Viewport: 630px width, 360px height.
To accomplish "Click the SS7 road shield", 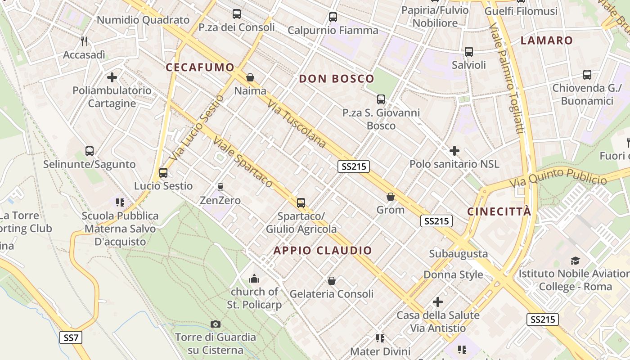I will tap(71, 337).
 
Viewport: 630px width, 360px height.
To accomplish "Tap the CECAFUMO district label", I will tap(200, 67).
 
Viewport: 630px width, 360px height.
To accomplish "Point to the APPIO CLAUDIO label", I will tap(323, 251).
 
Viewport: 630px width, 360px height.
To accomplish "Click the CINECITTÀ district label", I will tap(499, 211).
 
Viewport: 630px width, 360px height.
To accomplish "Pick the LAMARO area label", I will tap(546, 40).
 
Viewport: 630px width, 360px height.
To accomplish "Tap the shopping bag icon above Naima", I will tap(250, 78).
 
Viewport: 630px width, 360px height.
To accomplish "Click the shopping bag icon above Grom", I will tap(390, 197).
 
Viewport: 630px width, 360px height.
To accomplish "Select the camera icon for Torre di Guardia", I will tap(216, 324).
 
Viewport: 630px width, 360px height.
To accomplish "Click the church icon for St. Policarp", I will tap(254, 279).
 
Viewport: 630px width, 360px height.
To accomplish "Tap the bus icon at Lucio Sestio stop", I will tap(163, 173).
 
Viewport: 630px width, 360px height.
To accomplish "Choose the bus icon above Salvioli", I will tap(469, 52).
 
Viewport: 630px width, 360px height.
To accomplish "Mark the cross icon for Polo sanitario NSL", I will tap(454, 151).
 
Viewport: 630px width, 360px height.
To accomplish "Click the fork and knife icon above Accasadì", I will tap(84, 41).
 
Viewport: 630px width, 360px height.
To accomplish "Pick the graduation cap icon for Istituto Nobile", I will tap(575, 261).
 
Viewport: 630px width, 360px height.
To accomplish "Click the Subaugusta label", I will tap(458, 254).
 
